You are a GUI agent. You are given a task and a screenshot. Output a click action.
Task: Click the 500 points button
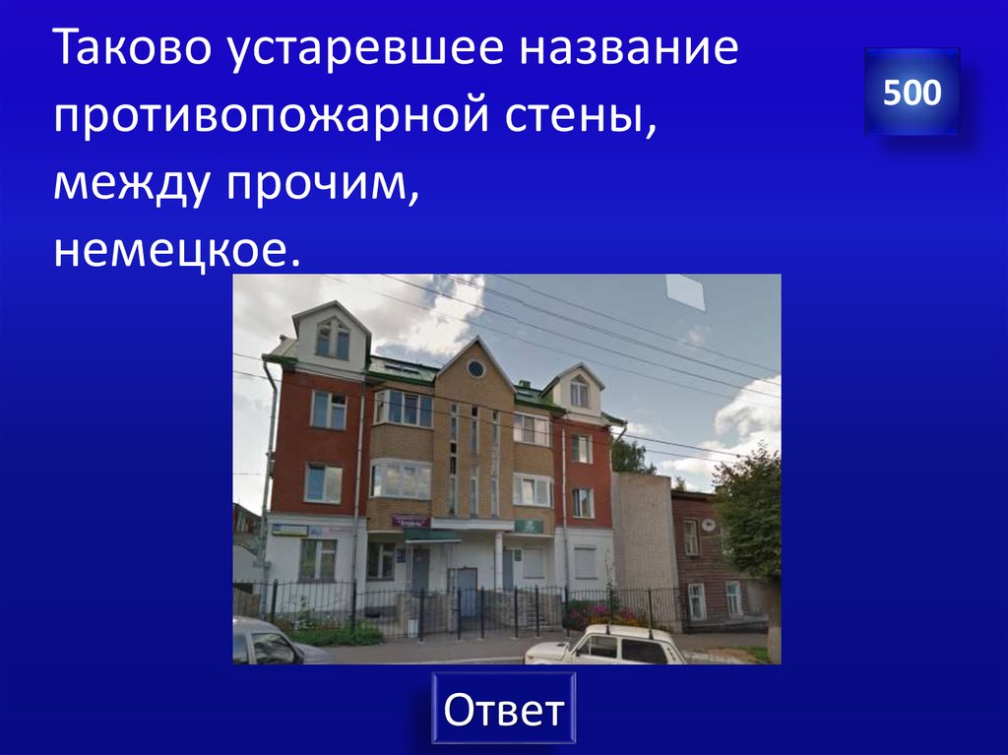[912, 93]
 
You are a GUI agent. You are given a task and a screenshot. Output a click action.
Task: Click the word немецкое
[175, 251]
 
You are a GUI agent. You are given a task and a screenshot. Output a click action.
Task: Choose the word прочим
[341, 184]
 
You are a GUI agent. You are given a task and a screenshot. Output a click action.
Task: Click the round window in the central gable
[475, 368]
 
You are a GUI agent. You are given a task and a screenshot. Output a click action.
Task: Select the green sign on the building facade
[529, 526]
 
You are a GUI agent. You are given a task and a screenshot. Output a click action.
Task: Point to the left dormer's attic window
[333, 341]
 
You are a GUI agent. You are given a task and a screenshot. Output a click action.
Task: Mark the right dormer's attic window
[579, 393]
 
